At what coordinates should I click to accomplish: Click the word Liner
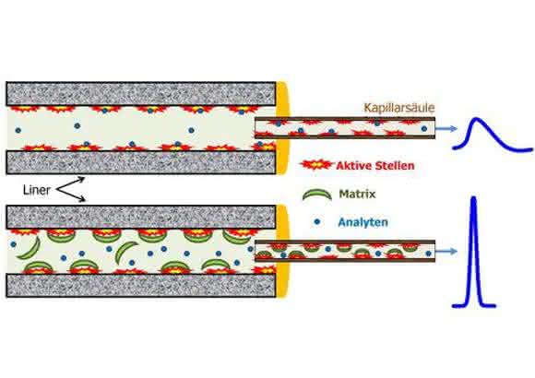[x=37, y=190]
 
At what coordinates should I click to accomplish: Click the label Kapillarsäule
[x=399, y=108]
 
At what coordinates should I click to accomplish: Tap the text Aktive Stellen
[x=375, y=166]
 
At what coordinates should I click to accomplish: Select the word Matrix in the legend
[x=357, y=194]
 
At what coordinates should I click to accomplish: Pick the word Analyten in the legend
[x=363, y=222]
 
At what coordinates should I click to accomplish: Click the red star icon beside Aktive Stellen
[x=316, y=165]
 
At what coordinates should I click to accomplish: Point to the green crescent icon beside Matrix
[x=317, y=195]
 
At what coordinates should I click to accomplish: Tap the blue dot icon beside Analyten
[x=317, y=222]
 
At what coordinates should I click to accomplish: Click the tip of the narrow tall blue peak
[x=473, y=198]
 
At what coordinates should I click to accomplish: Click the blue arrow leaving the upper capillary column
[x=446, y=129]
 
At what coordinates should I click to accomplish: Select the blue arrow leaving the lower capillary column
[x=446, y=252]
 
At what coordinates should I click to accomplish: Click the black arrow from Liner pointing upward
[x=70, y=183]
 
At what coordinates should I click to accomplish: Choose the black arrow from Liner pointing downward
[x=71, y=195]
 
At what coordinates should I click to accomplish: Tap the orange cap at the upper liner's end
[x=283, y=127]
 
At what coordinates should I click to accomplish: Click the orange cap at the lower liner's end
[x=283, y=251]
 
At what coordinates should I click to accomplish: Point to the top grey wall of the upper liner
[x=141, y=94]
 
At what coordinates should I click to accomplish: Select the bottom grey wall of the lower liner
[x=141, y=285]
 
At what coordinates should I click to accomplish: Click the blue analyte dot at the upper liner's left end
[x=18, y=130]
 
